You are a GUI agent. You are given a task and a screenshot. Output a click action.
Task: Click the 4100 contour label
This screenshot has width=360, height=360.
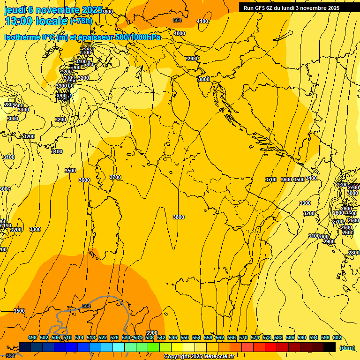(202, 21)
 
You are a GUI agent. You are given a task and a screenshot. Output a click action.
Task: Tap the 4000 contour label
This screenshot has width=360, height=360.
(180, 33)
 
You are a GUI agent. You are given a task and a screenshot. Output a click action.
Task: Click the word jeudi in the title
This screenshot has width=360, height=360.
(15, 10)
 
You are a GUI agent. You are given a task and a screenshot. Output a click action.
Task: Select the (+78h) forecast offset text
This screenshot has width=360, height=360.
(82, 21)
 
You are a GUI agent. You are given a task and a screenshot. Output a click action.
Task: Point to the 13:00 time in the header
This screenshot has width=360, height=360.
(17, 21)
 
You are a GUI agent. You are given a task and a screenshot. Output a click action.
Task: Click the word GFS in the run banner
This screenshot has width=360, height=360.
(262, 8)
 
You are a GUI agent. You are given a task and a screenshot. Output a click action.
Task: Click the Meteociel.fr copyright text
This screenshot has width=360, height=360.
(199, 357)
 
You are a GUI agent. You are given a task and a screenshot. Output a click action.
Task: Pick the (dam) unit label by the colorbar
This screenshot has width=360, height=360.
(347, 347)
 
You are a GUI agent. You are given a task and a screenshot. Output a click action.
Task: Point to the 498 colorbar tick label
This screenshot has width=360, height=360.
(32, 337)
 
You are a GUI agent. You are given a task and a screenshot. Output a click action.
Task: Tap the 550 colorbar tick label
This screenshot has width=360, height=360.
(185, 337)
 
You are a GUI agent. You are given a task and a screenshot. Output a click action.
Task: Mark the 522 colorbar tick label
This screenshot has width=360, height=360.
(103, 337)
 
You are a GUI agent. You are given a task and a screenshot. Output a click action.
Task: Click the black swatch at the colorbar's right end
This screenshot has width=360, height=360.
(330, 347)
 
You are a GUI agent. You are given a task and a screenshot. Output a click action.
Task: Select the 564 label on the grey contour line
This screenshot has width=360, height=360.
(86, 306)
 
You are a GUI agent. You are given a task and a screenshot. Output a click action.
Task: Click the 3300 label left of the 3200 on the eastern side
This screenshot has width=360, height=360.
(305, 203)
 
